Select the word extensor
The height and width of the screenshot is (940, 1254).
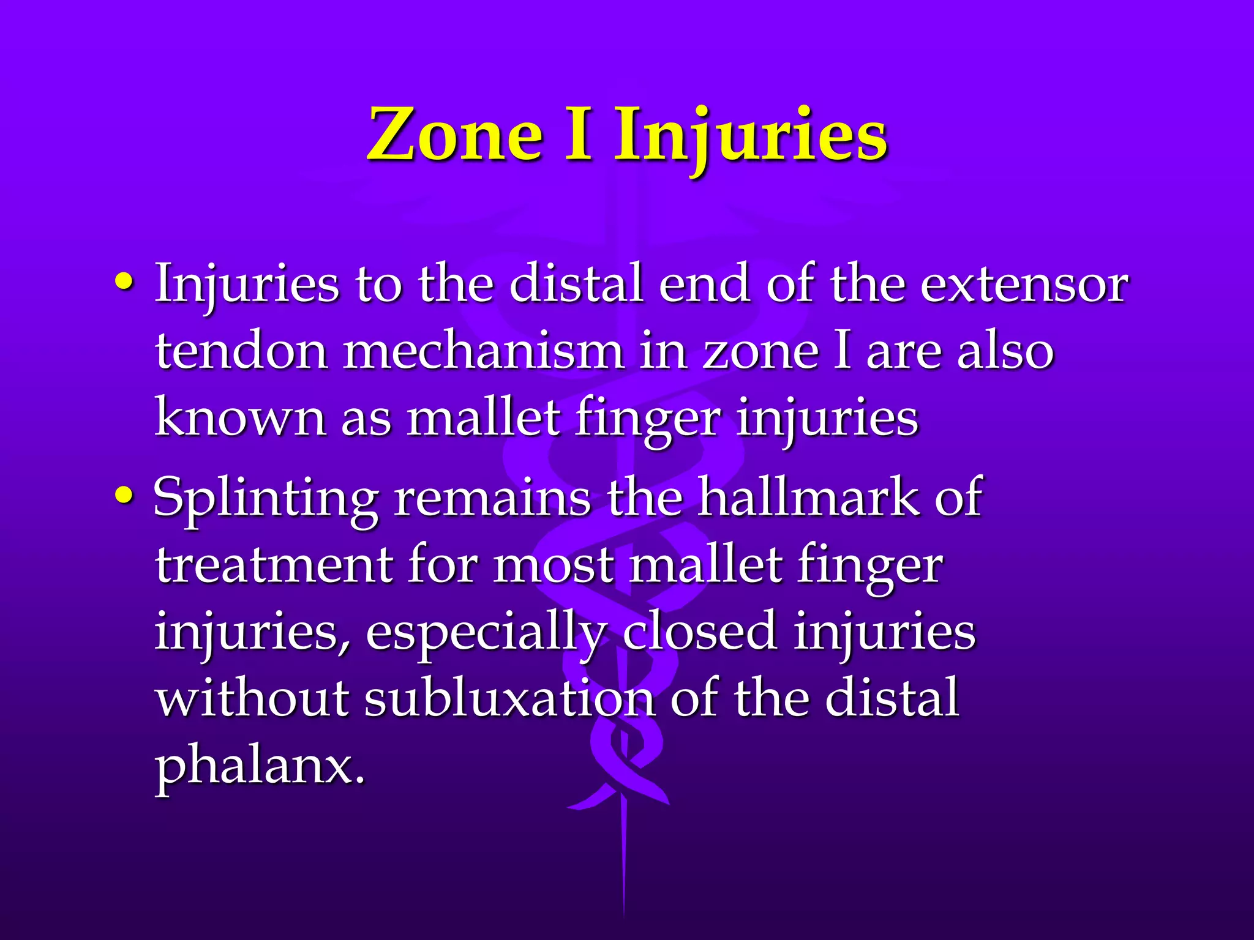coord(1024,285)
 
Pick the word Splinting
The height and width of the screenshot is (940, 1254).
coord(265,499)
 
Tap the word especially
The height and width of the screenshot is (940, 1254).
coord(485,634)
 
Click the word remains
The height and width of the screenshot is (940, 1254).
coord(492,498)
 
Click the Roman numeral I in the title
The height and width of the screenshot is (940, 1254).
coord(578,135)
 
